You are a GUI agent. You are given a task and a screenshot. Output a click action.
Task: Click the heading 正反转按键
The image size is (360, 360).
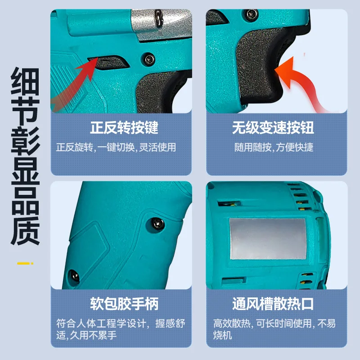124,128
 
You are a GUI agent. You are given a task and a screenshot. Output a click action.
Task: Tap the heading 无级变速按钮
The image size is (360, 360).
273,128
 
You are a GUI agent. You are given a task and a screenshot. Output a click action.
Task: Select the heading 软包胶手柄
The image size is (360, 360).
124,304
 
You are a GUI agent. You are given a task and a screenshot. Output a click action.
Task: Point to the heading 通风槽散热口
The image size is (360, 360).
273,304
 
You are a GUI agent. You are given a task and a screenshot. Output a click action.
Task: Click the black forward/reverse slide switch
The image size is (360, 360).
109,62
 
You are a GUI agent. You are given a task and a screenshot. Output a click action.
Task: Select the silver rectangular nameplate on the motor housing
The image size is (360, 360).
268,239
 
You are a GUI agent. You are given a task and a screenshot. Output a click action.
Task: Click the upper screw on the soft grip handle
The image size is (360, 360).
158,223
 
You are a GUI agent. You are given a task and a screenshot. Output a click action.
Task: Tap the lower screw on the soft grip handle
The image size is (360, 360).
74,276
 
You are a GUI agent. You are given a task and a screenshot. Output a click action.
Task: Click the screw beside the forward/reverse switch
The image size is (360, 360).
149,59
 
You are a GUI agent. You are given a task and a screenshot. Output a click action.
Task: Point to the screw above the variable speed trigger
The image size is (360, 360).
251,14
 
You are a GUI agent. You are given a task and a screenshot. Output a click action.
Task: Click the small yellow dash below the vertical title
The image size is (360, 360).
25,263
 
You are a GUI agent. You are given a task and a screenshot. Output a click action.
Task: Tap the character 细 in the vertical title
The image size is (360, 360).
25,81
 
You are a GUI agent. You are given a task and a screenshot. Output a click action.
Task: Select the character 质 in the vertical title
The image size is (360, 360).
25,231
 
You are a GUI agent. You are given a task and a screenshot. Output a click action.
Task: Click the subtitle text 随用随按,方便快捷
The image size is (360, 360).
274,147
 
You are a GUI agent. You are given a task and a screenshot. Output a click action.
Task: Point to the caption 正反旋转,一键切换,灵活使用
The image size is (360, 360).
116,147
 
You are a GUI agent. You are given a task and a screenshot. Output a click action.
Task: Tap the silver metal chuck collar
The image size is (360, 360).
161,23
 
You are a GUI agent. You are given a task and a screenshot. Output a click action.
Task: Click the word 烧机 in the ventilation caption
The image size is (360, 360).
222,335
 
